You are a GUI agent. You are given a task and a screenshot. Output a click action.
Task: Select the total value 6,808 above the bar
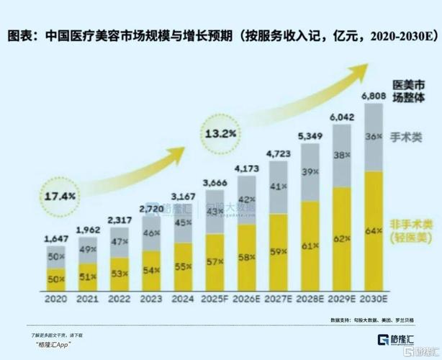click(374, 95)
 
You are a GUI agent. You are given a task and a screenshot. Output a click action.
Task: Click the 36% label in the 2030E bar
click(374, 136)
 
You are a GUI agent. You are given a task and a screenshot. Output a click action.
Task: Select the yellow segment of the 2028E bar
click(310, 245)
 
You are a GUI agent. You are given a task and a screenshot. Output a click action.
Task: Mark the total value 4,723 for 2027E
click(278, 153)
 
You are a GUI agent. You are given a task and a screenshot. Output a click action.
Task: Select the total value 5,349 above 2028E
click(310, 136)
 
